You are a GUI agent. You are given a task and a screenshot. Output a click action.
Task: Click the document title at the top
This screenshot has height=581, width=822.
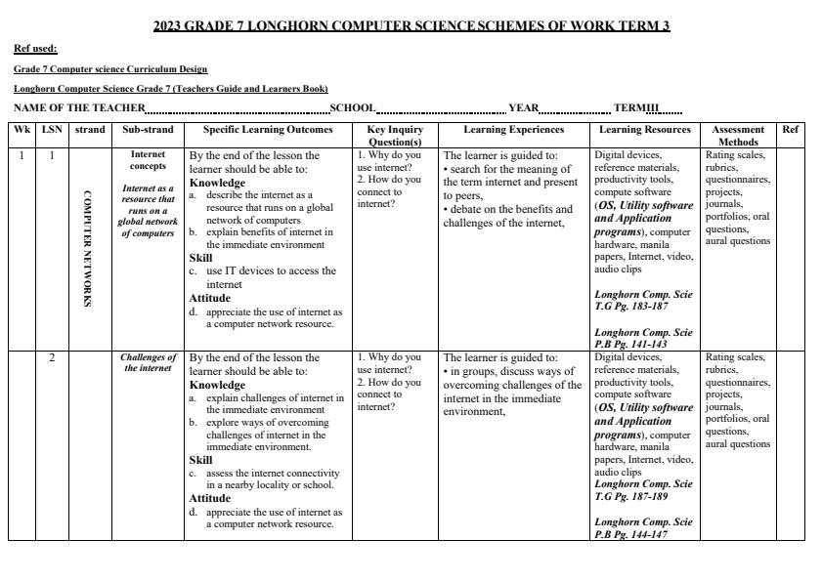[411, 26]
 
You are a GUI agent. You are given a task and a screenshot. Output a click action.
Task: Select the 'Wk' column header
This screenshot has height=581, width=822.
[22, 130]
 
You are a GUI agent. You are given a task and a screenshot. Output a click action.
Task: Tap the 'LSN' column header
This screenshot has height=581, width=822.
[52, 130]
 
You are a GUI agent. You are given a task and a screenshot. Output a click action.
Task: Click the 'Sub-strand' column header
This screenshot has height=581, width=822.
[148, 130]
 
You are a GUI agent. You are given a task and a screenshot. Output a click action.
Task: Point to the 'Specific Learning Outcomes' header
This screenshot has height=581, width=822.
[268, 130]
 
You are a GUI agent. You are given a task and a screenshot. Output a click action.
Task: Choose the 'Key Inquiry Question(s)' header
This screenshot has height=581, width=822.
[395, 135]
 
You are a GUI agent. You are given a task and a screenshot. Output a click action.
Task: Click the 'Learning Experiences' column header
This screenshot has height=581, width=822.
[513, 130]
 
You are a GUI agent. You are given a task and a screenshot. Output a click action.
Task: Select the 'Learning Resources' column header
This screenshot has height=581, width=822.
[645, 130]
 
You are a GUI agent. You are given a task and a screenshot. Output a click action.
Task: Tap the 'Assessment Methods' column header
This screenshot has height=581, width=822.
[738, 135]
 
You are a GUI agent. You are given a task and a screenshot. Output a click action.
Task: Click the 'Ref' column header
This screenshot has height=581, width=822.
[790, 130]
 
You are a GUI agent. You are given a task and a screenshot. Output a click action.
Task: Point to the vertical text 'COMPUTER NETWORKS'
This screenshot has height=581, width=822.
[87, 248]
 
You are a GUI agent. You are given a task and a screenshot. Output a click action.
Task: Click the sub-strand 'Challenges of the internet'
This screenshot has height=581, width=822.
[148, 363]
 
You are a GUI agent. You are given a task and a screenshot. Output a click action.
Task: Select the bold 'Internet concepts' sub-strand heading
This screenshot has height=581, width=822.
[148, 160]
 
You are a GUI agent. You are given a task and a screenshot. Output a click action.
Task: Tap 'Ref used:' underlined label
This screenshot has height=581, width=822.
[35, 49]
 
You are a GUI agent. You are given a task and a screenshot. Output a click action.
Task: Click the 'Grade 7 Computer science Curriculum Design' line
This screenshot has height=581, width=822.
[110, 69]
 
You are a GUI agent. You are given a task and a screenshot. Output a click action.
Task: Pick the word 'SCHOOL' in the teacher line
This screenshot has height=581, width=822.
[353, 108]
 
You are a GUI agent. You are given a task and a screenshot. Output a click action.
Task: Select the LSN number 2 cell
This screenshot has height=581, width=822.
[52, 357]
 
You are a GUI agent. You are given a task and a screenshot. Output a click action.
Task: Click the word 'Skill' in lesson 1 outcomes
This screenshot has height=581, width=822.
[200, 258]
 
